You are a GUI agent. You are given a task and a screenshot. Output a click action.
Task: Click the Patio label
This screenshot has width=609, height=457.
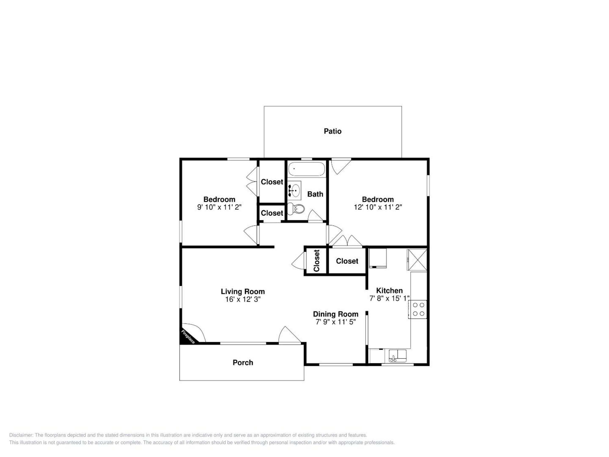click(333, 131)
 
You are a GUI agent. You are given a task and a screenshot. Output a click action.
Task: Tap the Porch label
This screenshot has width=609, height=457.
click(243, 362)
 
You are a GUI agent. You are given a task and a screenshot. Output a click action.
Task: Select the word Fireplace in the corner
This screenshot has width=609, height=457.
click(188, 337)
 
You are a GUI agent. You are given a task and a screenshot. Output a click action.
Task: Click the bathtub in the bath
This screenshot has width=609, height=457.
click(306, 169)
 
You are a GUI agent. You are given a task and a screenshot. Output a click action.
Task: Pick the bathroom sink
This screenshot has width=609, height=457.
click(295, 190)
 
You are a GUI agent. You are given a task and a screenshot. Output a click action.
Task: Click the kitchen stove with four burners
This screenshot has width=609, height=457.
click(418, 309)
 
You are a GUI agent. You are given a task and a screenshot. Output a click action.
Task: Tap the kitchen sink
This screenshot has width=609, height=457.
click(398, 356)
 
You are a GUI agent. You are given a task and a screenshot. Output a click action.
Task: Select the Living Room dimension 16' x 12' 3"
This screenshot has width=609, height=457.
click(243, 299)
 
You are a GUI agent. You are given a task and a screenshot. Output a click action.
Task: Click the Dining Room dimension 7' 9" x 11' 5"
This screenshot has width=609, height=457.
click(336, 322)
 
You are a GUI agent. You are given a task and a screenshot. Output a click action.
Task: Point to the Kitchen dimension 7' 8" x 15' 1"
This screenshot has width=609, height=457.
click(389, 298)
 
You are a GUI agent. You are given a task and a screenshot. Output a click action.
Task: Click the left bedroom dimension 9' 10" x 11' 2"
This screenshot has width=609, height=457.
click(219, 207)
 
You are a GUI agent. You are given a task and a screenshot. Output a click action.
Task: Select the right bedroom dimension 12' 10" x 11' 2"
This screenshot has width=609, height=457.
click(378, 207)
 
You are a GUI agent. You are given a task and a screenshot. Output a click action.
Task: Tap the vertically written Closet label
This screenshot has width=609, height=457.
click(317, 261)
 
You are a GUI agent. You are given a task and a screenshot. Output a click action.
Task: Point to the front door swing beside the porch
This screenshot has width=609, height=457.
click(290, 335)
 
